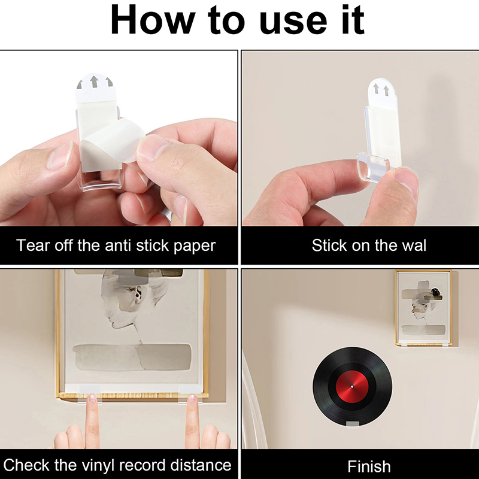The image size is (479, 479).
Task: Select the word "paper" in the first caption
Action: coord(195,247)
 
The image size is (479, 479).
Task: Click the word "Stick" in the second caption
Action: coord(329,245)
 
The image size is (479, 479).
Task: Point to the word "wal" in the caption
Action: coord(414,245)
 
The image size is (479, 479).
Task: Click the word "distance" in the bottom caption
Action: coord(201,465)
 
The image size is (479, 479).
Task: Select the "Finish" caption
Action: coord(369,466)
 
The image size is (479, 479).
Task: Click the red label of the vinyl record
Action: coord(352,386)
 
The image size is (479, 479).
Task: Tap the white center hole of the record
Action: coord(352,386)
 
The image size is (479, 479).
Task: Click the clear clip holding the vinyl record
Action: coord(352,424)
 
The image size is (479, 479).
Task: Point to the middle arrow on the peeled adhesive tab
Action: coord(94,81)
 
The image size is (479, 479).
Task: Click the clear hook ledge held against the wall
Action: coord(373,166)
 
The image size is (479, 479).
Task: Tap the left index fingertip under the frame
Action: coord(92,398)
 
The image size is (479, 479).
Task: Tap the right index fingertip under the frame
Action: coord(192,398)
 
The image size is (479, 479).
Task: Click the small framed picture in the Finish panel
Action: coord(424,308)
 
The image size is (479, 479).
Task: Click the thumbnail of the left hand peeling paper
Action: coord(59,155)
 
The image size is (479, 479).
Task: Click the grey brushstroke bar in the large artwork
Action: coord(132,357)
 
